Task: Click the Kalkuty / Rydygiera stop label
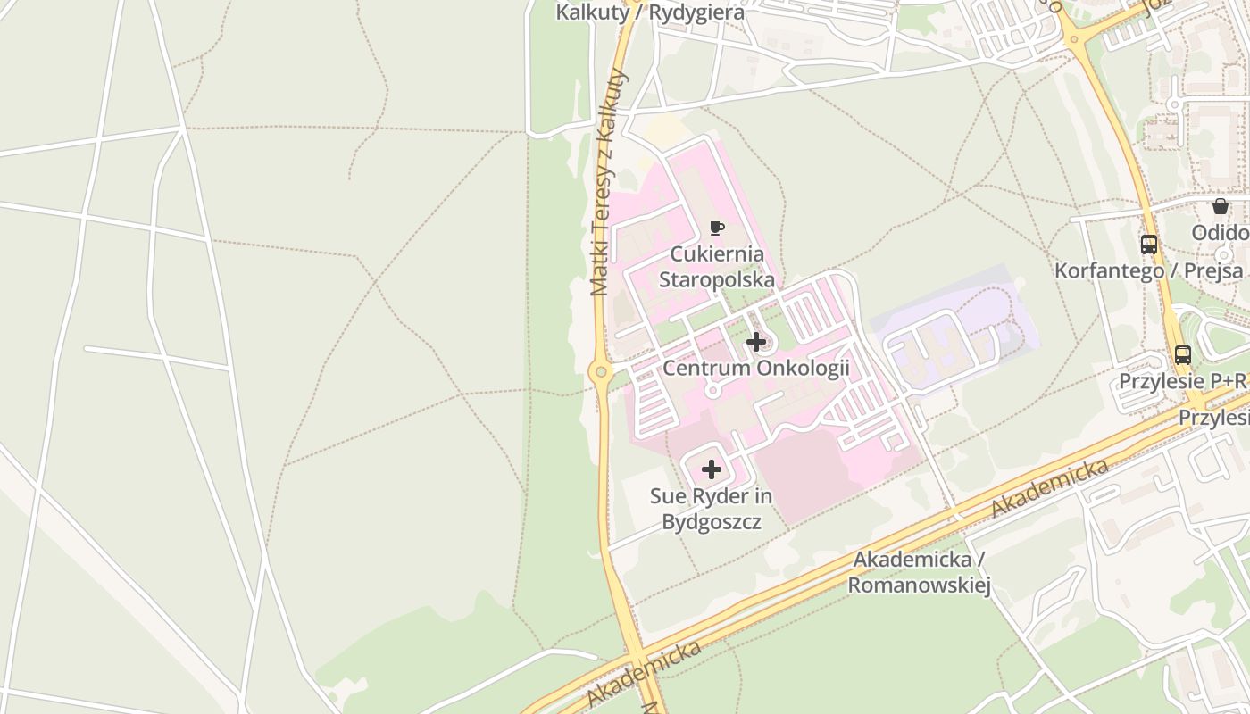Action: coord(649,12)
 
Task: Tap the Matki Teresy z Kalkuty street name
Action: coord(607,182)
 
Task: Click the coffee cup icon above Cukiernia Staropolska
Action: coord(716,228)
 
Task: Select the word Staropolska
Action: coord(716,279)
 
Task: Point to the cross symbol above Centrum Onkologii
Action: coord(755,342)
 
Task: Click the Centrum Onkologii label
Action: coord(755,369)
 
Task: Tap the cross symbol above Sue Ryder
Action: coord(712,469)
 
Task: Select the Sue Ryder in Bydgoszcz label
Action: coord(712,509)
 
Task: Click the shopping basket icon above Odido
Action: coord(1220,207)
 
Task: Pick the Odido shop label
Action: coord(1220,233)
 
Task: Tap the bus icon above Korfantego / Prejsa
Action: coord(1149,245)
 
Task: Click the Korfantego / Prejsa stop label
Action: coord(1149,270)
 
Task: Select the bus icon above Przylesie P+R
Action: coord(1183,354)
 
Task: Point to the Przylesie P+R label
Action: coord(1183,381)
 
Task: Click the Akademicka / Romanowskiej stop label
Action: coord(919,572)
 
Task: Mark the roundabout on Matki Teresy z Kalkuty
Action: coord(599,370)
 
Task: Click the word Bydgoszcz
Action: coord(712,521)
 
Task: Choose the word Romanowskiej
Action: coord(919,585)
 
